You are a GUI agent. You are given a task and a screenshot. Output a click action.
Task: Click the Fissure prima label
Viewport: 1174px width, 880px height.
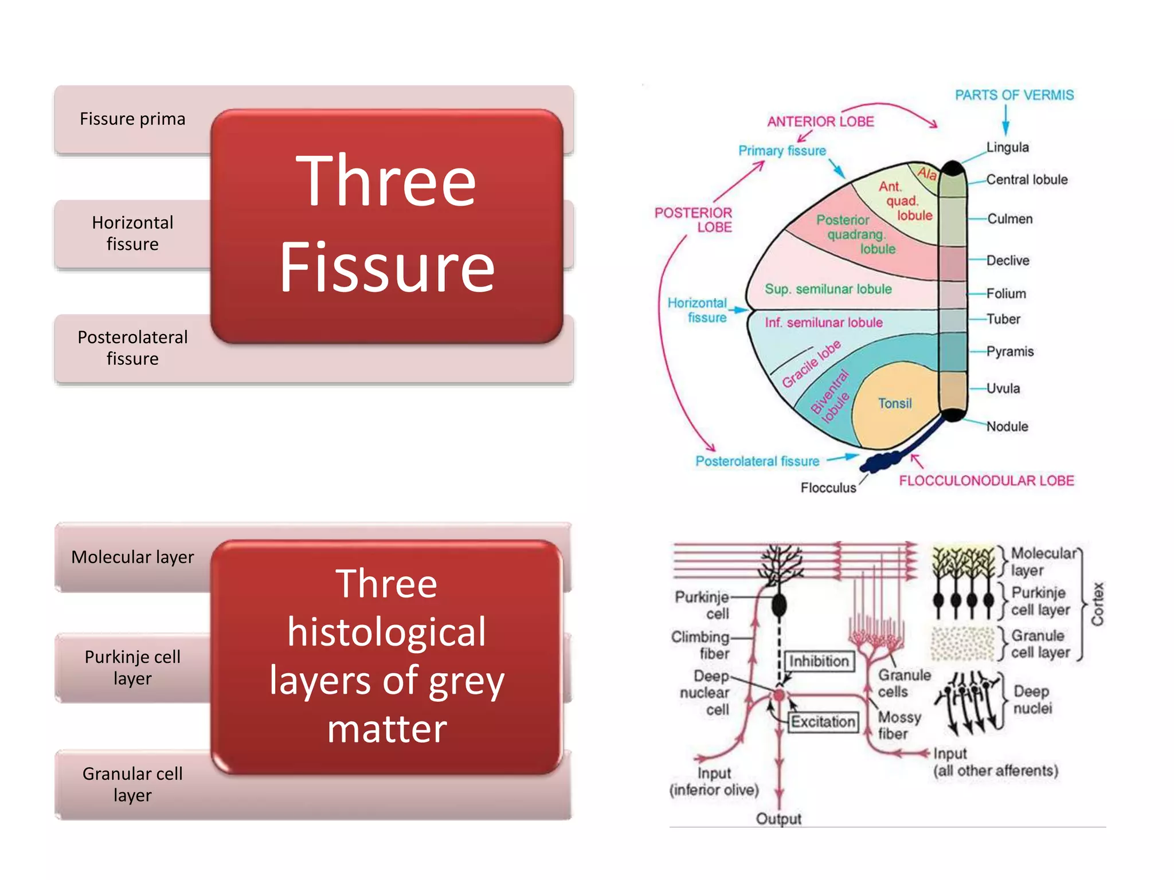pos(132,119)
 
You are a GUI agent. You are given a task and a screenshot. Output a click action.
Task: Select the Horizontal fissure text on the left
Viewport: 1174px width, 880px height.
pos(132,233)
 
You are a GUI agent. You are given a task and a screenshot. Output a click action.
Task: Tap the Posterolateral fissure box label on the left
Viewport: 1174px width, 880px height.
pos(132,348)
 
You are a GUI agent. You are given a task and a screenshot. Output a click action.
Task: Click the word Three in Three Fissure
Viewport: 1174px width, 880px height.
pos(386,181)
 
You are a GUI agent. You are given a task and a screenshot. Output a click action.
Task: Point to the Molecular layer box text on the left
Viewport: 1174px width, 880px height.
pos(132,557)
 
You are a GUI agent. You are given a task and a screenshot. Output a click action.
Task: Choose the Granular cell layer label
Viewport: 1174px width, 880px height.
pos(132,784)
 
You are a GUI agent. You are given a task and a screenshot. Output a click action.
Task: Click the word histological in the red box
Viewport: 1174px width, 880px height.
pos(386,632)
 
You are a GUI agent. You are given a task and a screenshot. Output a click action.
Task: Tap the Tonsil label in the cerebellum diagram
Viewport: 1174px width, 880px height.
pos(894,403)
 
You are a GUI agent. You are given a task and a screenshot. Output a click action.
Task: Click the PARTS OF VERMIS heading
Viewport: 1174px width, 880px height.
pos(1013,95)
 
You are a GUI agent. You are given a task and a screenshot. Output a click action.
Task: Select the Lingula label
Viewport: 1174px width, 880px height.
pos(1007,147)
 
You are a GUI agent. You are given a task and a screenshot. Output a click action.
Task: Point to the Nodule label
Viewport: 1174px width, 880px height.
pos(1007,426)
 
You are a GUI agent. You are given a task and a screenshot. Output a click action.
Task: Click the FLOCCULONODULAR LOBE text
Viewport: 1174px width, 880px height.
pos(986,481)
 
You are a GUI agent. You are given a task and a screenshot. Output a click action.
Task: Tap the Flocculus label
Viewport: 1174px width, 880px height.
pos(828,488)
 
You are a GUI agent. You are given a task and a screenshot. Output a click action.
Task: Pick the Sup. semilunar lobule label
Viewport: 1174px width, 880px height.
pos(828,289)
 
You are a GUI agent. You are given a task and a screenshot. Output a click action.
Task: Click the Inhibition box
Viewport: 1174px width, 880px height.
pos(819,661)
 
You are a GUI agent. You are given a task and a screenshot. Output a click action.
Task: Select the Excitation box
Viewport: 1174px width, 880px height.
pos(823,721)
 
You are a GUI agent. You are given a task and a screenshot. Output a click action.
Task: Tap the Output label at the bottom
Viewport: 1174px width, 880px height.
pos(778,819)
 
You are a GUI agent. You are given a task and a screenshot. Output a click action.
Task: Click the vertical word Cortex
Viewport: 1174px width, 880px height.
pos(1097,604)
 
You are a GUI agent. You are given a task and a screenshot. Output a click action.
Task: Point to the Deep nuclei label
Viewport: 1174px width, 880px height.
pos(1032,700)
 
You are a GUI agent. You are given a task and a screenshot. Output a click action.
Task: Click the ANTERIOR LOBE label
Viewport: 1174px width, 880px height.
pos(820,121)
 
